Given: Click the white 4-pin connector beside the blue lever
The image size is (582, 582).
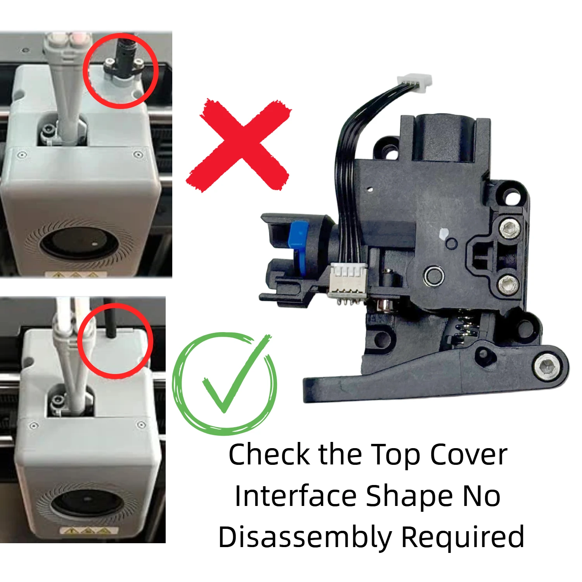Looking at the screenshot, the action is pyautogui.click(x=348, y=280).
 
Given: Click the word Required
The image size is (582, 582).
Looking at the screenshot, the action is pyautogui.click(x=462, y=538).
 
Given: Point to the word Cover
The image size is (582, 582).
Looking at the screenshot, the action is pyautogui.click(x=468, y=455).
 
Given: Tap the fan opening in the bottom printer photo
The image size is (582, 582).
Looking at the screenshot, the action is pyautogui.click(x=88, y=504).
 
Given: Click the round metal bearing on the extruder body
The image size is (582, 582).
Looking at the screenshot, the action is pyautogui.click(x=434, y=276).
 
